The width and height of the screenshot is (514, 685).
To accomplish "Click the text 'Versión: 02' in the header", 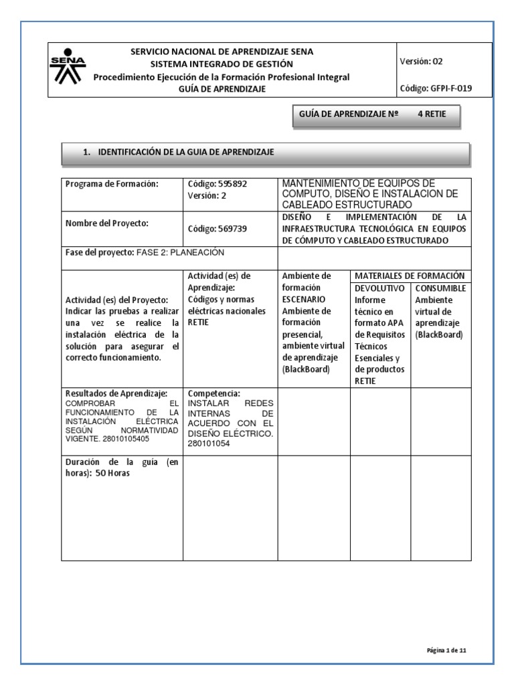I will [420, 61].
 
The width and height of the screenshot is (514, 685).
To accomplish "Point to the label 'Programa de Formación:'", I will [111, 185].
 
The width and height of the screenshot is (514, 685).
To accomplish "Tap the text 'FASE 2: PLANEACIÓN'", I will [180, 252].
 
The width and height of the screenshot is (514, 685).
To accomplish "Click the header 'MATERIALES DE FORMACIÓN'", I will [410, 276].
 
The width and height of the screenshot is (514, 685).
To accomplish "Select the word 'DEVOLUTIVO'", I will [379, 288].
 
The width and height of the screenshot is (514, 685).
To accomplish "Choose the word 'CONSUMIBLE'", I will [440, 288].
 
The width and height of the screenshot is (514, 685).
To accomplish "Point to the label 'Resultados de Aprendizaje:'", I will [116, 393].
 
